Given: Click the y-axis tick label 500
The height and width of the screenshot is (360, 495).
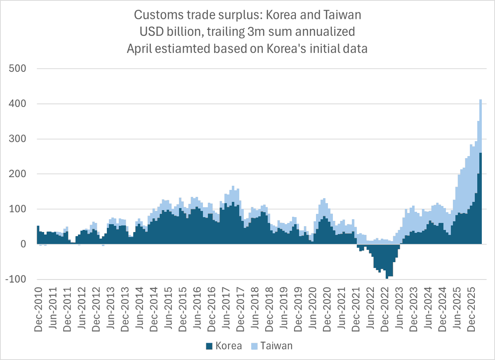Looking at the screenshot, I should (x=17, y=69).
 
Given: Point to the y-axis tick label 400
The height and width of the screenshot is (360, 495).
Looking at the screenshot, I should (x=17, y=104).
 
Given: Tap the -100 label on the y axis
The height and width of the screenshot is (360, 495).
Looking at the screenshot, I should (x=16, y=279).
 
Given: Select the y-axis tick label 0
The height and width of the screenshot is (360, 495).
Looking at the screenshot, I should (x=23, y=244).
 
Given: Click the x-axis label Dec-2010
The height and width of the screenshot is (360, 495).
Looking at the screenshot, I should (x=39, y=305).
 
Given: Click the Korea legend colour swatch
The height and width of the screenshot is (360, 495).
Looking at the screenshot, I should (x=208, y=346).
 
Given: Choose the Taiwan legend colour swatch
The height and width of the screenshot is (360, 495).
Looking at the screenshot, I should (x=254, y=346).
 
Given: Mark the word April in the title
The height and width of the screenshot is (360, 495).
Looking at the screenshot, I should (x=140, y=48).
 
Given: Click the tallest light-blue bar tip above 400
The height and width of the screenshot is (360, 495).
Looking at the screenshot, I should (x=481, y=100).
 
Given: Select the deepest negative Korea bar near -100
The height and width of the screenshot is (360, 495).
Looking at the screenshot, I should (x=387, y=277).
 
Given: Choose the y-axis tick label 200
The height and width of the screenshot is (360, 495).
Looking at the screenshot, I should (x=17, y=174).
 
